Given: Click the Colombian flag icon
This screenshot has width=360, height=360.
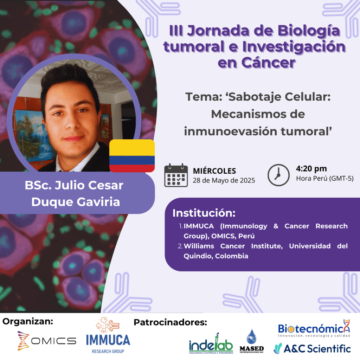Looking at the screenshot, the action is pyautogui.click(x=132, y=156).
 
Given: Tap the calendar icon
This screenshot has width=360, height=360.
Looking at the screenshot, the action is pyautogui.click(x=176, y=175).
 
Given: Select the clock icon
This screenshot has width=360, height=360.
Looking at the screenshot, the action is pyautogui.click(x=278, y=175).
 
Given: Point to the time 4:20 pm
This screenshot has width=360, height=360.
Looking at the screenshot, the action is pyautogui.click(x=311, y=169).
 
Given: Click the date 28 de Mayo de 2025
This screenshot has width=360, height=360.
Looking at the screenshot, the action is pyautogui.click(x=224, y=180).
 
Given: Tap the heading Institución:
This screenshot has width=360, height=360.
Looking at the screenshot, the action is pyautogui.click(x=204, y=213).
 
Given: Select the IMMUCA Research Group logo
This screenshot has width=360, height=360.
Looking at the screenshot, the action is pyautogui.click(x=108, y=335).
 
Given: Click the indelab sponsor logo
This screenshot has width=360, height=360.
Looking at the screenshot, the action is pyautogui.click(x=211, y=343).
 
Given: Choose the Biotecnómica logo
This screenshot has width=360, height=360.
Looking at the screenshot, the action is pyautogui.click(x=314, y=328).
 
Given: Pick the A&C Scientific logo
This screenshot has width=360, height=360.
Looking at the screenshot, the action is pyautogui.click(x=312, y=348).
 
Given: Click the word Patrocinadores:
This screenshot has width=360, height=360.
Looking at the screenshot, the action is pyautogui.click(x=171, y=322).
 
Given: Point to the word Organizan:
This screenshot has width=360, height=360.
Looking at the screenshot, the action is pyautogui.click(x=28, y=322).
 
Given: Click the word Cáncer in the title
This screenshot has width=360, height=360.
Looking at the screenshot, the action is pyautogui.click(x=268, y=63).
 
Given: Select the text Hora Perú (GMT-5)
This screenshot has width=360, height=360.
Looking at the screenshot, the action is pyautogui.click(x=324, y=178).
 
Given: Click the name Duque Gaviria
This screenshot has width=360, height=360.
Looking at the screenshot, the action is pyautogui.click(x=76, y=202).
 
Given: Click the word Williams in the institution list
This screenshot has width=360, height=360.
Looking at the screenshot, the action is pyautogui.click(x=199, y=246).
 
